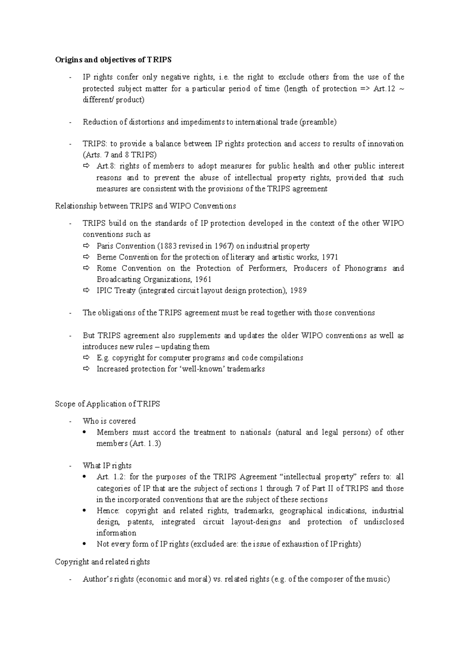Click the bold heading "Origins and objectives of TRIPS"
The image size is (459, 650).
click(113, 60)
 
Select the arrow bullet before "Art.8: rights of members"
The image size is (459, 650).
click(86, 166)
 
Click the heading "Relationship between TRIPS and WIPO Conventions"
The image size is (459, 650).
click(145, 206)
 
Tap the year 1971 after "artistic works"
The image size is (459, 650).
click(329, 257)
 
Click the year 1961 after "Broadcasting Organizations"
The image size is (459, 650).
click(203, 279)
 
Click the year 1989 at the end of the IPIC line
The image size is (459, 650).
click(298, 291)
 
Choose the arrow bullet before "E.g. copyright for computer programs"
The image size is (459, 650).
click(86, 358)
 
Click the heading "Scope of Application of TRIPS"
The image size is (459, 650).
click(107, 404)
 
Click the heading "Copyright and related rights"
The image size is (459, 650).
click(103, 562)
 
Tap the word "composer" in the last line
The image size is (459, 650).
click(327, 579)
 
